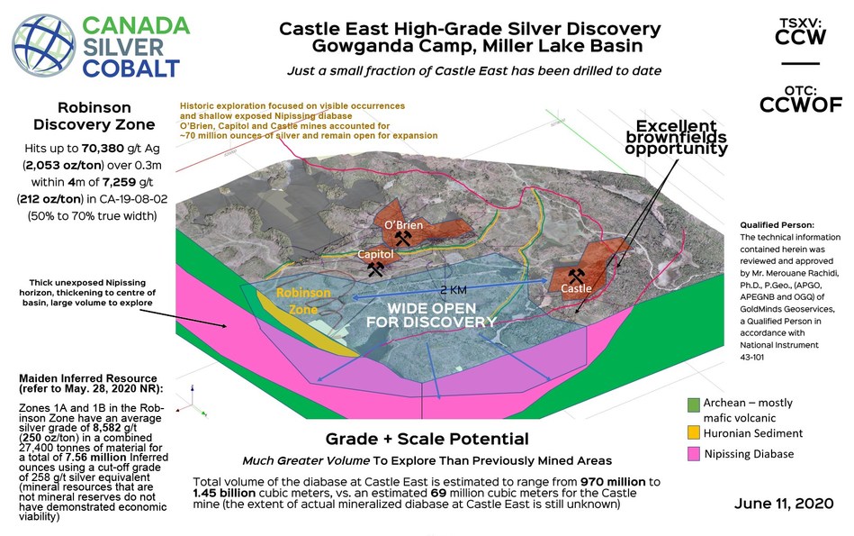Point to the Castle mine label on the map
coord(576,289)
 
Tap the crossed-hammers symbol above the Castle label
coord(574,273)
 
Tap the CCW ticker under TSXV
coord(799,37)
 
